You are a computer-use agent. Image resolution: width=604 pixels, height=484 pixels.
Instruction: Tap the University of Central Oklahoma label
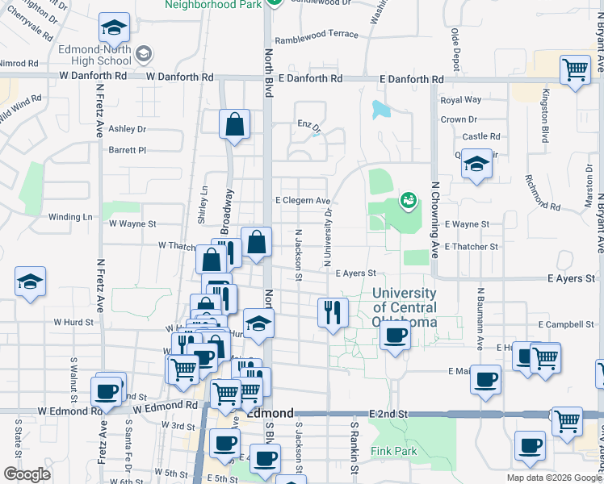[405, 307]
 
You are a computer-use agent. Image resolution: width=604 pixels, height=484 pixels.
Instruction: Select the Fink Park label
[394, 451]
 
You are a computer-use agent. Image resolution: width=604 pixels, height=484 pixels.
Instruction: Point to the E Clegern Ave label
[303, 200]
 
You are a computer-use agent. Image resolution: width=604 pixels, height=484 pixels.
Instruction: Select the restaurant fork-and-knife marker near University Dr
[333, 311]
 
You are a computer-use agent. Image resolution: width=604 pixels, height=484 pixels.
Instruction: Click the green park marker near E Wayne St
[409, 199]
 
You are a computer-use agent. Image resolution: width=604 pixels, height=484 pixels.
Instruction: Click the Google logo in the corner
[27, 474]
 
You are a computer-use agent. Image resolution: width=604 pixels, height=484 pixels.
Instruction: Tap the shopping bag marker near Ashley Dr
[234, 124]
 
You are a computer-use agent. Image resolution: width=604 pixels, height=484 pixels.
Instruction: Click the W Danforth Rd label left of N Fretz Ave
[96, 76]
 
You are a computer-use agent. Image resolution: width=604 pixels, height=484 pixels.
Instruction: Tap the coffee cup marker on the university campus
[394, 335]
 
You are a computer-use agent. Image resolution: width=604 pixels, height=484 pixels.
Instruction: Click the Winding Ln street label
[70, 217]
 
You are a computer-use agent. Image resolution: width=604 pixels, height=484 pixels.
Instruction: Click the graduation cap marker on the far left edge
[31, 282]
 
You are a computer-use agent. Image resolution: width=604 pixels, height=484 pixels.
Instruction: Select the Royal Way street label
[460, 100]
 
